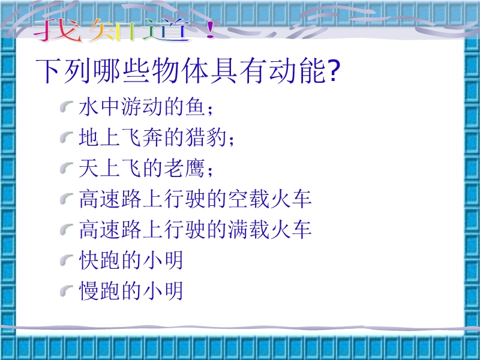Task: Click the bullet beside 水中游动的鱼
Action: pyautogui.click(x=67, y=107)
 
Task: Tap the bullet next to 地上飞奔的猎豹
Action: pyautogui.click(x=67, y=137)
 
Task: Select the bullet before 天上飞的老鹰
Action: pyautogui.click(x=67, y=168)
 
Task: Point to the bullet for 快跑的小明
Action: pyautogui.click(x=67, y=260)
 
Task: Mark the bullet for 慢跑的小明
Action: pyautogui.click(x=67, y=290)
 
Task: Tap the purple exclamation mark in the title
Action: pyautogui.click(x=210, y=29)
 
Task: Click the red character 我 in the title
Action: pyautogui.click(x=58, y=29)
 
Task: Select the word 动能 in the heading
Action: pyautogui.click(x=297, y=71)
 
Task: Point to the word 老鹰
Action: pyautogui.click(x=184, y=168)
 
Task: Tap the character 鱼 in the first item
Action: pyautogui.click(x=195, y=107)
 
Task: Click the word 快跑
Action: pyautogui.click(x=99, y=260)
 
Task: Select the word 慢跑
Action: pyautogui.click(x=99, y=290)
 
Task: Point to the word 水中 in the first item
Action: pyautogui.click(x=99, y=107)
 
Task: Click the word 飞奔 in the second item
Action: pyautogui.click(x=142, y=137)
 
